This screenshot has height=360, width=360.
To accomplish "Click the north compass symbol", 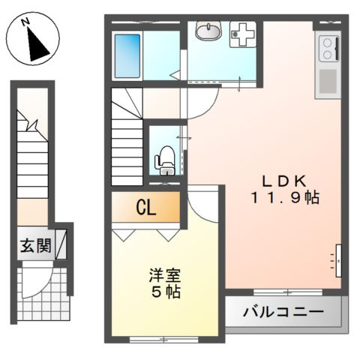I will click(33, 43).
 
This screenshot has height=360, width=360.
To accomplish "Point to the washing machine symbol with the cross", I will click(242, 32).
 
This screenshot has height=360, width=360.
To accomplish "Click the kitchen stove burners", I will click(328, 51).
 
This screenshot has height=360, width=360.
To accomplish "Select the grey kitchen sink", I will click(328, 80).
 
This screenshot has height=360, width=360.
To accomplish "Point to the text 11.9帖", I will click(285, 199).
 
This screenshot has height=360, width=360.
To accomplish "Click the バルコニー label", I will click(283, 311).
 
